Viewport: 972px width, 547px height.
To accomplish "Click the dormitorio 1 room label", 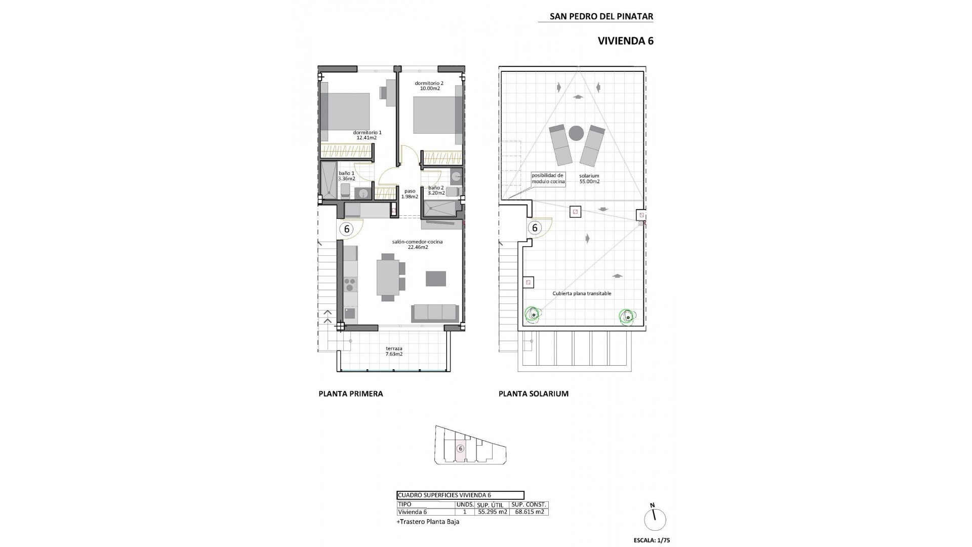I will click(x=367, y=135).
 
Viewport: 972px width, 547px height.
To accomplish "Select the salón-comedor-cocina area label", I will click(x=417, y=244).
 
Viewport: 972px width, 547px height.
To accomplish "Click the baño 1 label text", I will click(x=346, y=176).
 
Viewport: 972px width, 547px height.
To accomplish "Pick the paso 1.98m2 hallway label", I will click(x=410, y=194).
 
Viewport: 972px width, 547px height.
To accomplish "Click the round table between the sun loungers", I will click(x=576, y=133).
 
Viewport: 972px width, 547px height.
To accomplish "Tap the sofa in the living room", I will click(x=435, y=312).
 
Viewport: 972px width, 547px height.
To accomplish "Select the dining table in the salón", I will click(x=387, y=277).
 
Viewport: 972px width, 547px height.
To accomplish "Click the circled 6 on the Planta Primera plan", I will click(x=347, y=229).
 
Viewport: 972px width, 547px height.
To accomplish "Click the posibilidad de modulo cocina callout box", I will click(x=547, y=178).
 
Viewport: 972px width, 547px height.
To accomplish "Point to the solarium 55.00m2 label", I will click(x=589, y=178).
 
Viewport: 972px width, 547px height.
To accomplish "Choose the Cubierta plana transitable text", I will click(x=582, y=293).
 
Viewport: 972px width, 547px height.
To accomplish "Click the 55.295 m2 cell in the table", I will click(x=492, y=512).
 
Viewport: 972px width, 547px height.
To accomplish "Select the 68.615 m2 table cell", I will click(x=529, y=512).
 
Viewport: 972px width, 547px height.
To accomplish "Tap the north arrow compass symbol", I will click(x=655, y=519).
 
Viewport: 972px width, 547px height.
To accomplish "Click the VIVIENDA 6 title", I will click(x=625, y=41).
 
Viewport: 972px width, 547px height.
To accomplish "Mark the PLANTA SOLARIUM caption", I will click(x=533, y=394).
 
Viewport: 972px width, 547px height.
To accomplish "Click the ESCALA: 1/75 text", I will click(x=651, y=540).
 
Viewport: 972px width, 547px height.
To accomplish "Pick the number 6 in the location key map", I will click(x=460, y=448).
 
